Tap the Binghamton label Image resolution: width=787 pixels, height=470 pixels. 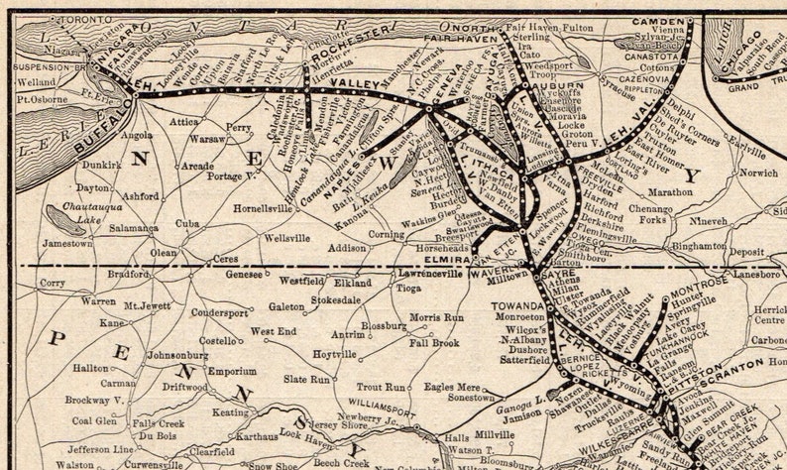pos(699,244)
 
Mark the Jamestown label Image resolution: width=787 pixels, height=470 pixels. pos(67,243)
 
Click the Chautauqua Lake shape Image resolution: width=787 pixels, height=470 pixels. pos(65,220)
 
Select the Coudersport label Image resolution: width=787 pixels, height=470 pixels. pos(219,312)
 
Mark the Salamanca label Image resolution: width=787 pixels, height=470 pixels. pos(135,227)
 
